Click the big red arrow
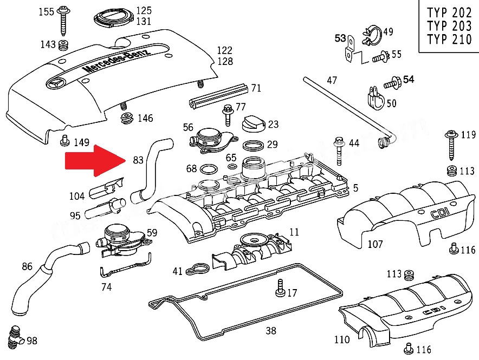coord(95,160)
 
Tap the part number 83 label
coord(138,160)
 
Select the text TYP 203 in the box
coord(449,26)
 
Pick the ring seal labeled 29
coord(253,146)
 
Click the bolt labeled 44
coord(339,152)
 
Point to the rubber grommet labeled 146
coord(127,118)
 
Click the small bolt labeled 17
coord(280,287)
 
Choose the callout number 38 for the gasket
coord(271,330)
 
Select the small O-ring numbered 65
coord(232,167)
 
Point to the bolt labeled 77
coord(227,115)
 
